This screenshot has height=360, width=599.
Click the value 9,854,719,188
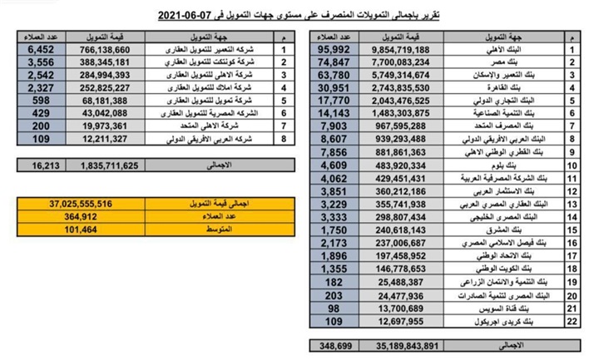pos(394,50)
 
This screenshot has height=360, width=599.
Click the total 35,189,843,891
pos(394,344)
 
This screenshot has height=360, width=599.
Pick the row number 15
pos(572,228)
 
